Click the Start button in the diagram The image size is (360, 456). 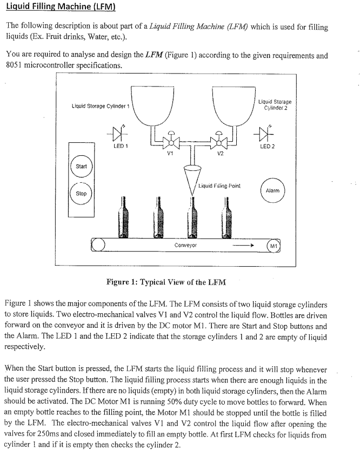(81, 166)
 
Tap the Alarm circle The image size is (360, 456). (272, 190)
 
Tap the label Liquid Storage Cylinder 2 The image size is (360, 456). (275, 104)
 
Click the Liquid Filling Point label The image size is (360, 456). (219, 186)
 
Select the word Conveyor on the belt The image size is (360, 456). (185, 245)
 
